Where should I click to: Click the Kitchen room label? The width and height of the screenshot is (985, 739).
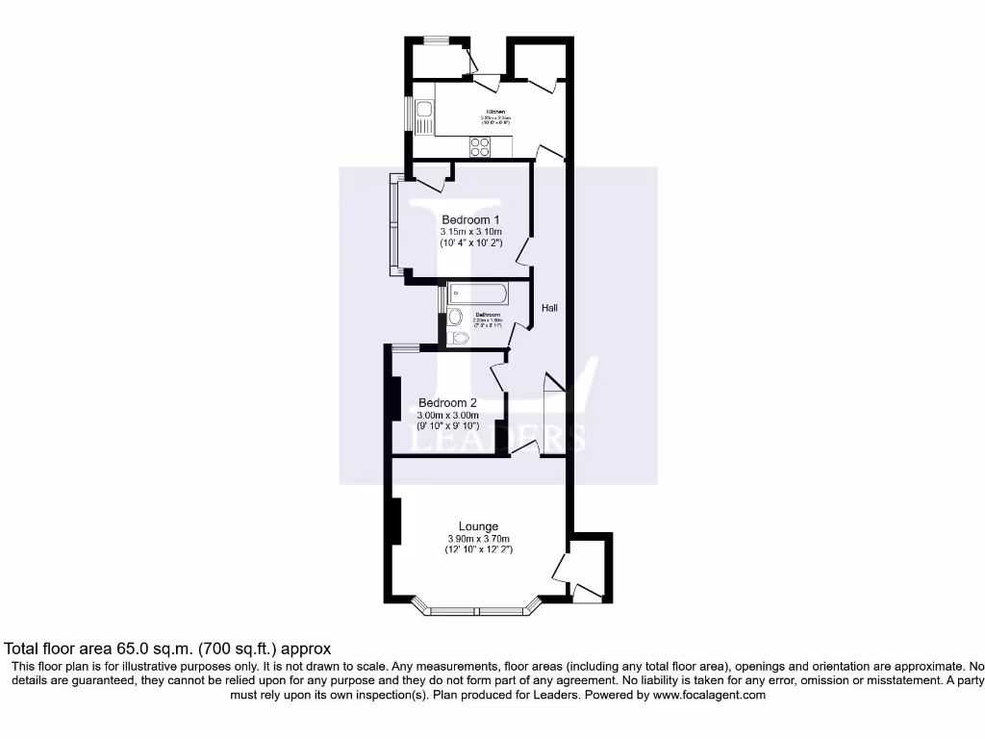[x=495, y=112]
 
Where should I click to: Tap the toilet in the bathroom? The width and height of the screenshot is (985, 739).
[x=459, y=338]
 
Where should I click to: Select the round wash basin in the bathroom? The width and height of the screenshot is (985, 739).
[x=455, y=317]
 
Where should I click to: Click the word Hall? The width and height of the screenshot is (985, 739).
[x=549, y=308]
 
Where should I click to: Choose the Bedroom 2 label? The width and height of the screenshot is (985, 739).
[x=447, y=403]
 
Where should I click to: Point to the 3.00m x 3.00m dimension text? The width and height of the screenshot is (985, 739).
[x=447, y=416]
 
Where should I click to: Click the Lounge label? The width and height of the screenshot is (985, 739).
[x=478, y=526]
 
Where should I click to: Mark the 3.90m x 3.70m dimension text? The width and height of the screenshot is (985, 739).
[x=478, y=539]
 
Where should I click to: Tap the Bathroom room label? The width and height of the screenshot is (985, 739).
[x=488, y=315]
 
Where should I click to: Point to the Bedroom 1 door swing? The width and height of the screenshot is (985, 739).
[x=524, y=252]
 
